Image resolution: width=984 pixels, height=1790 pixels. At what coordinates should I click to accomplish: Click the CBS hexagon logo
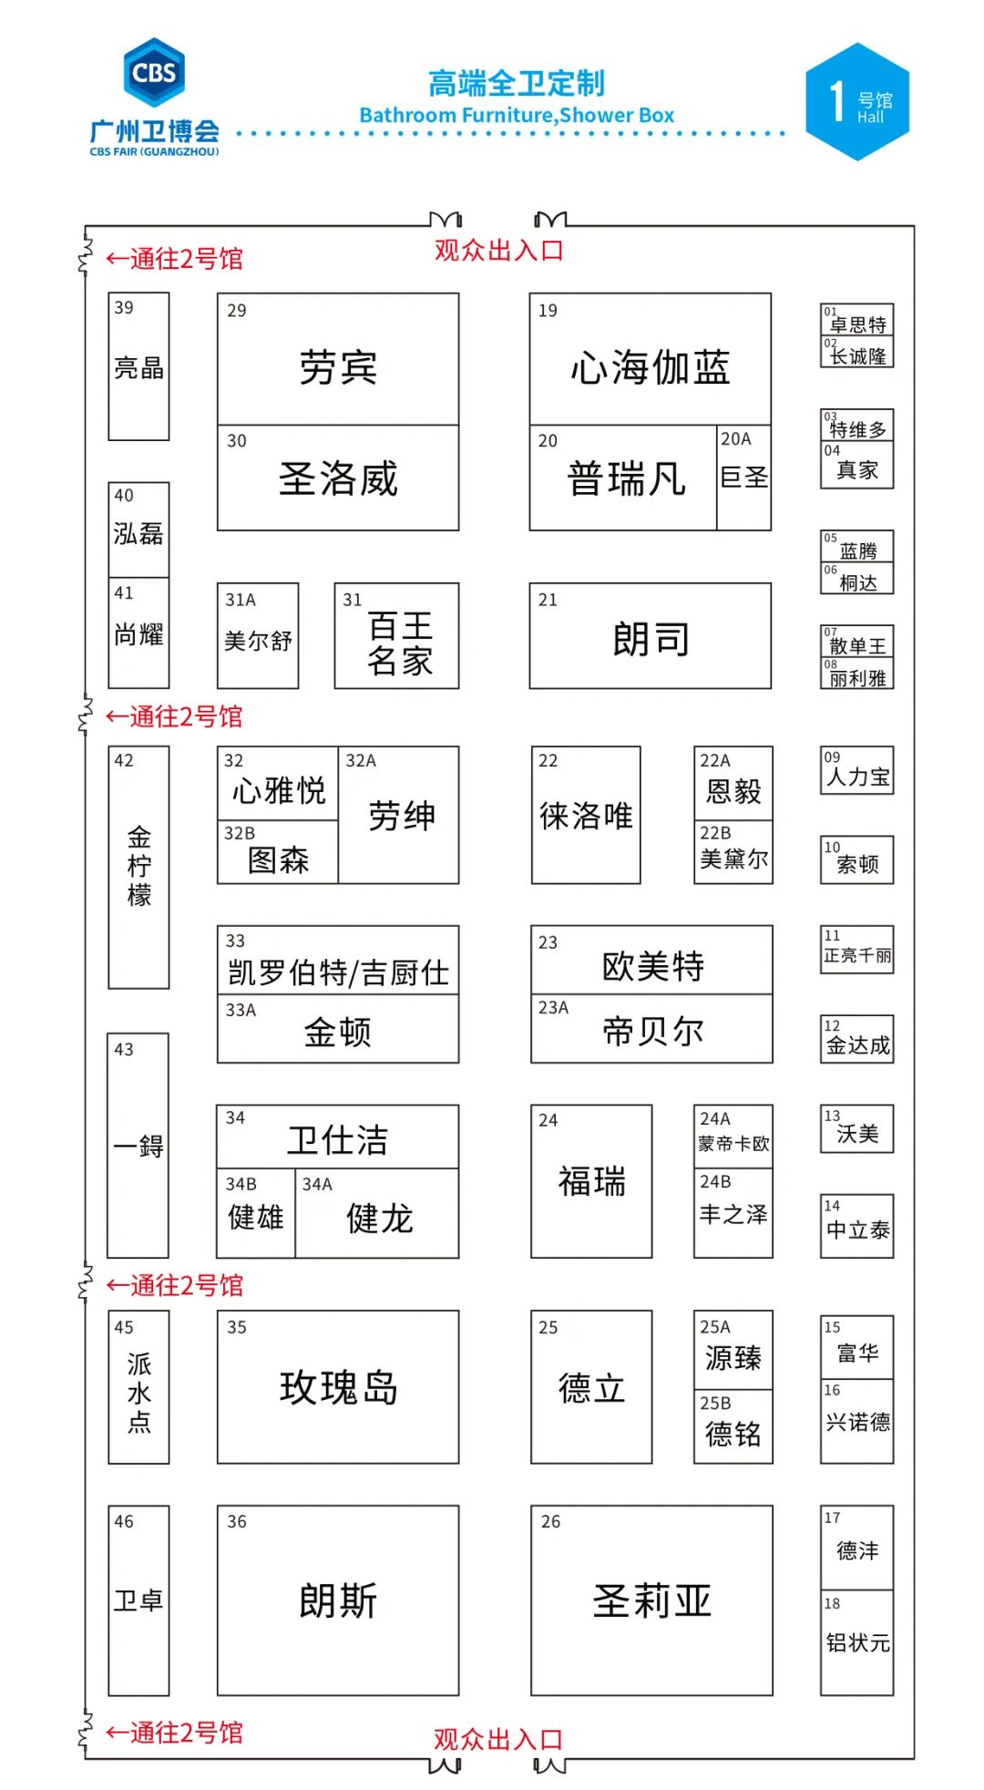point(154,72)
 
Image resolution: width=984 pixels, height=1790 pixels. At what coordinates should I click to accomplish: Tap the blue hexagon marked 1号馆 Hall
point(857,102)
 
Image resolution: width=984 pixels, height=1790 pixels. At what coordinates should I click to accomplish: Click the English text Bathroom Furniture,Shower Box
point(517,116)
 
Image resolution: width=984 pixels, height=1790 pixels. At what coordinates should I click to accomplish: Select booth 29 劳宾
point(338,359)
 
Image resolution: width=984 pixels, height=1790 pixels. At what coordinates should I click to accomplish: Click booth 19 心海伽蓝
point(650,359)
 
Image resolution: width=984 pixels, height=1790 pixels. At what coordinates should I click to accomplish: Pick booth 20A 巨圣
point(743,478)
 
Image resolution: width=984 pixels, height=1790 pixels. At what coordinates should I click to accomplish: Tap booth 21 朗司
point(650,636)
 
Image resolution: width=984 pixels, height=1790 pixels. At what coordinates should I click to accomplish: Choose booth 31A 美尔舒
point(258,636)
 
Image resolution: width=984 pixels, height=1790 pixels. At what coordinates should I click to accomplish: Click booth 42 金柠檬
point(138,867)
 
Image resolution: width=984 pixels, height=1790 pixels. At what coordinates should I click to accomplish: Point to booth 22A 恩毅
point(733,784)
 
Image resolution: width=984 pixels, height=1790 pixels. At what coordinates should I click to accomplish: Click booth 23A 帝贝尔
point(652,1029)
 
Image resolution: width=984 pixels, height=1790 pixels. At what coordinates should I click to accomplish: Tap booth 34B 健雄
point(256,1214)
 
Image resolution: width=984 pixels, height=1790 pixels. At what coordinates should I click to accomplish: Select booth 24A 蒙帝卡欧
point(733,1137)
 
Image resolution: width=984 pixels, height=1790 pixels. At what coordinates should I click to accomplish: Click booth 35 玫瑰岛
point(338,1387)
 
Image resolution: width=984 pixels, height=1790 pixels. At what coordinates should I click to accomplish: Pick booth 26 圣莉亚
point(651,1600)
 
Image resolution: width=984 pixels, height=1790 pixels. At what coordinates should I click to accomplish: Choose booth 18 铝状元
point(857,1642)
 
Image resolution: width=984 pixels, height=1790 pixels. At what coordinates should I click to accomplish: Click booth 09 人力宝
point(857,771)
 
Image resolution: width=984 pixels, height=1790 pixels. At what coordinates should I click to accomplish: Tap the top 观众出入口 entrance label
point(498,251)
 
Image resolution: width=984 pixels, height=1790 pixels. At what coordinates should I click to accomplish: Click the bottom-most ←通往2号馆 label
point(175,1733)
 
